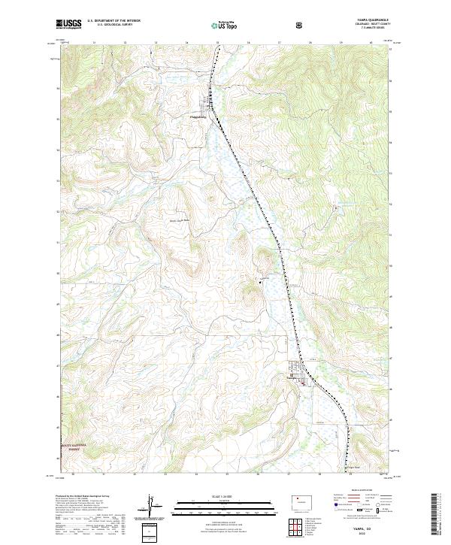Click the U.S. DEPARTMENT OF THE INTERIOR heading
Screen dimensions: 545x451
tap(114, 21)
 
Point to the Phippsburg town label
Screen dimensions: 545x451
tap(197, 117)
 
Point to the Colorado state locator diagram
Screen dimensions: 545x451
tap(299, 501)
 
